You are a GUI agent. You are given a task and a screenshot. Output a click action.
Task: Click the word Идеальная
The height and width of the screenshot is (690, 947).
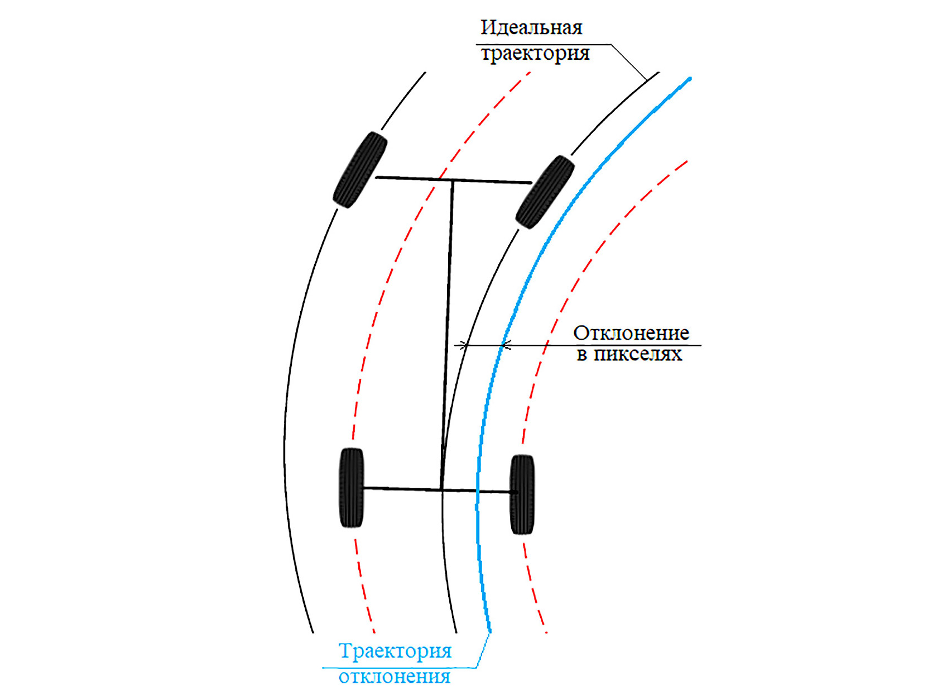[x=531, y=27]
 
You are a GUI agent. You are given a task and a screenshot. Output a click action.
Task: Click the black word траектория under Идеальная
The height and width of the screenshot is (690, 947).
[x=535, y=54]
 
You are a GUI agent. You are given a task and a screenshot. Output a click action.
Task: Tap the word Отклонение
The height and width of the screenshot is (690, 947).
[x=631, y=333]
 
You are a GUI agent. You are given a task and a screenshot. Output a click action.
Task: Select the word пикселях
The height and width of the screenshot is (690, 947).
[x=638, y=354]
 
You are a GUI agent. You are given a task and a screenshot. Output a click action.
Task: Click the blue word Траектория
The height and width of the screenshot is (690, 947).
[x=395, y=651]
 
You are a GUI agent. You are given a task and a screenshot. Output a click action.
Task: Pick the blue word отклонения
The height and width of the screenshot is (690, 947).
[x=395, y=677]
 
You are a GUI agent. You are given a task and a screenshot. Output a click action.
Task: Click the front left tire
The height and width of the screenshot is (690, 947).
[x=360, y=170]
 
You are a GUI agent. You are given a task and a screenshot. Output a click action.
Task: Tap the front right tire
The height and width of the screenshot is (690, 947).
[x=545, y=192]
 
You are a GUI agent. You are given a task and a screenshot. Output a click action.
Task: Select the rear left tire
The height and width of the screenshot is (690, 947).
[x=352, y=488]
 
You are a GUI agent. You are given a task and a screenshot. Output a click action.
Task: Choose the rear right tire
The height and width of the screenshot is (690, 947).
[x=522, y=494]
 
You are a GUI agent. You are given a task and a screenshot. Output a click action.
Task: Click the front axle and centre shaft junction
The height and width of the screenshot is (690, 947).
[x=453, y=180]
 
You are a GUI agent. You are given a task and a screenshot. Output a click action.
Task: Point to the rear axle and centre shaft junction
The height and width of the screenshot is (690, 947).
[x=441, y=490]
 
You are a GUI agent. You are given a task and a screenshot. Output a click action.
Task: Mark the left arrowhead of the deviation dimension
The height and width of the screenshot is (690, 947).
[x=463, y=346]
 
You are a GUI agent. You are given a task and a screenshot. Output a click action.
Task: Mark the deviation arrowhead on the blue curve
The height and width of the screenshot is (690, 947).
[x=504, y=346]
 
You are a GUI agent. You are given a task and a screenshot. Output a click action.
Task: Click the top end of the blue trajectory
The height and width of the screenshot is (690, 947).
[x=690, y=79]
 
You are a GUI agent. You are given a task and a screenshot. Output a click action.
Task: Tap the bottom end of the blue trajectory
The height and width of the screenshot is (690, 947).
[x=490, y=631]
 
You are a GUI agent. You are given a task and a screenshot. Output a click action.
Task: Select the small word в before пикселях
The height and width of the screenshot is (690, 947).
[x=581, y=355]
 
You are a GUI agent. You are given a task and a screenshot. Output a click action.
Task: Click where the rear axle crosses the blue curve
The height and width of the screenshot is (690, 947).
[x=478, y=491]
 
